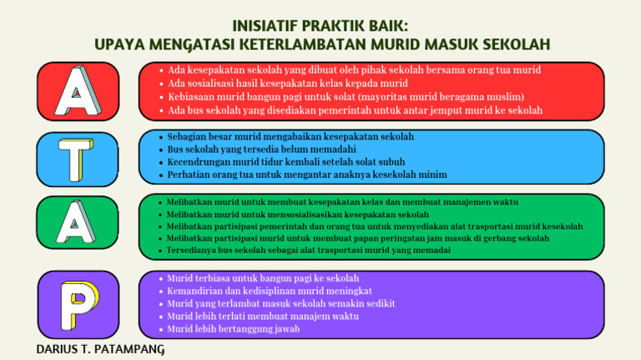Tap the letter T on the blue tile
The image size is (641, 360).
[x=70, y=157]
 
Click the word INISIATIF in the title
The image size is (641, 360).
[x=268, y=25]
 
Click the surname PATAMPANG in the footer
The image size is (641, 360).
[x=129, y=349]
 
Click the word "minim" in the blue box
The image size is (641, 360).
[x=432, y=175]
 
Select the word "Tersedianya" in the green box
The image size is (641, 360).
[x=192, y=251]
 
